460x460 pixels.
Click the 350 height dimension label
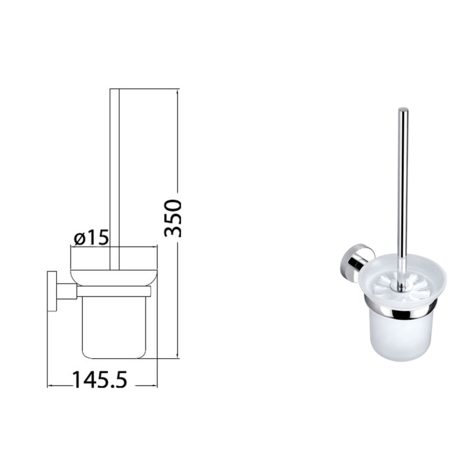[x=172, y=218]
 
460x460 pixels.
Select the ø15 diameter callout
[x=90, y=238]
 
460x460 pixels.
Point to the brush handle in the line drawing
[x=114, y=173]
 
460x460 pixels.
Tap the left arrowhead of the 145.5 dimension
[x=50, y=385]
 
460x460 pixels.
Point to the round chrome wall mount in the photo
[x=355, y=260]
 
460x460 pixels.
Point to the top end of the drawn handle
[x=114, y=90]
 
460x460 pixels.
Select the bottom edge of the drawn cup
[x=115, y=358]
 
